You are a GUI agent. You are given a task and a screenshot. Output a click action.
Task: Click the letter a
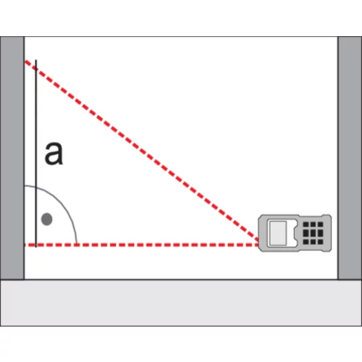click(x=54, y=153)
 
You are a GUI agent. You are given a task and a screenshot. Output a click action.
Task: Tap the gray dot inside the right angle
click(x=47, y=219)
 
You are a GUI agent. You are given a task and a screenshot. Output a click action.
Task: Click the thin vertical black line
click(x=36, y=153)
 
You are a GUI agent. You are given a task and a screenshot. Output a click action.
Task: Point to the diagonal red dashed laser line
click(x=141, y=152)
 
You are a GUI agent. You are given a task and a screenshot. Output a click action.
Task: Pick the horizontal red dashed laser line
click(x=142, y=245)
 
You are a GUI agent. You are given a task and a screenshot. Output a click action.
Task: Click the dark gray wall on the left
click(x=12, y=158)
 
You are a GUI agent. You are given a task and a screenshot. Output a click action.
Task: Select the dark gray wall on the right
click(x=350, y=158)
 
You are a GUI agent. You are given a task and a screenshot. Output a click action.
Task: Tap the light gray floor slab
click(x=181, y=303)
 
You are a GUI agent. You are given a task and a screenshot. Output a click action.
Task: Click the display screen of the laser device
click(x=278, y=233)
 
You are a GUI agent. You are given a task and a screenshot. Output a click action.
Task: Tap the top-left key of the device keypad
click(x=306, y=224)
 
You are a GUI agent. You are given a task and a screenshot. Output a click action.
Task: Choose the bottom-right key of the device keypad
click(x=321, y=242)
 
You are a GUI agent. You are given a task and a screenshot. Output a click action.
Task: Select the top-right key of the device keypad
click(x=321, y=224)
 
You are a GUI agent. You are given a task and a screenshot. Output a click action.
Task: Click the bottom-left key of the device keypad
click(x=306, y=242)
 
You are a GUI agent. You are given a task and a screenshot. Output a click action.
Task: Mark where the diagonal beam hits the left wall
click(x=25, y=61)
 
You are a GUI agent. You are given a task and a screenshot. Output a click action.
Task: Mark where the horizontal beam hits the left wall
click(x=25, y=245)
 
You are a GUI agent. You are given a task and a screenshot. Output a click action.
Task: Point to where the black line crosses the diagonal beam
click(x=36, y=70)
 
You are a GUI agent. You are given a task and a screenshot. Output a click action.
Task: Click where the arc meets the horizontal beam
click(x=77, y=245)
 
